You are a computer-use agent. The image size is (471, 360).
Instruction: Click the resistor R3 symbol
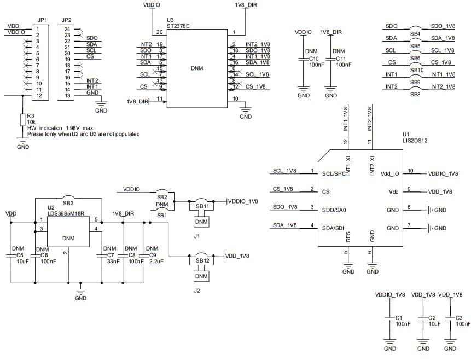23,119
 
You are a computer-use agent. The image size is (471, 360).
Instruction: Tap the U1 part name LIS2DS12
414,140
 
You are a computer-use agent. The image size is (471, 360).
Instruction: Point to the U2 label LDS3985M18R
66,213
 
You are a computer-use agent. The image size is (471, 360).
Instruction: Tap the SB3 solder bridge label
68,203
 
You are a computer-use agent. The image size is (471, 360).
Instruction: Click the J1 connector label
197,236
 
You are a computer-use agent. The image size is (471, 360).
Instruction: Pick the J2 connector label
197,291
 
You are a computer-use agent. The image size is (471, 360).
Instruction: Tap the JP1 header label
42,20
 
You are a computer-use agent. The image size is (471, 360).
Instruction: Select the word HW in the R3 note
32,127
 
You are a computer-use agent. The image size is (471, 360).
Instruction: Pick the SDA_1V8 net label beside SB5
443,38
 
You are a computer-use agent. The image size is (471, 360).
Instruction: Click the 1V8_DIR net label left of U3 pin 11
137,101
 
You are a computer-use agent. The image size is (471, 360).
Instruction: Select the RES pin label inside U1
348,236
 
